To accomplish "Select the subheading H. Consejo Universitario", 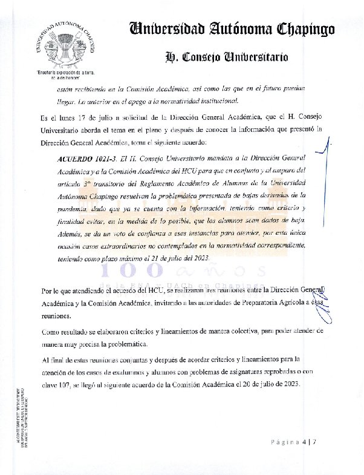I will coord(227,57).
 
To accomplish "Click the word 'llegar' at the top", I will coord(68,101).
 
